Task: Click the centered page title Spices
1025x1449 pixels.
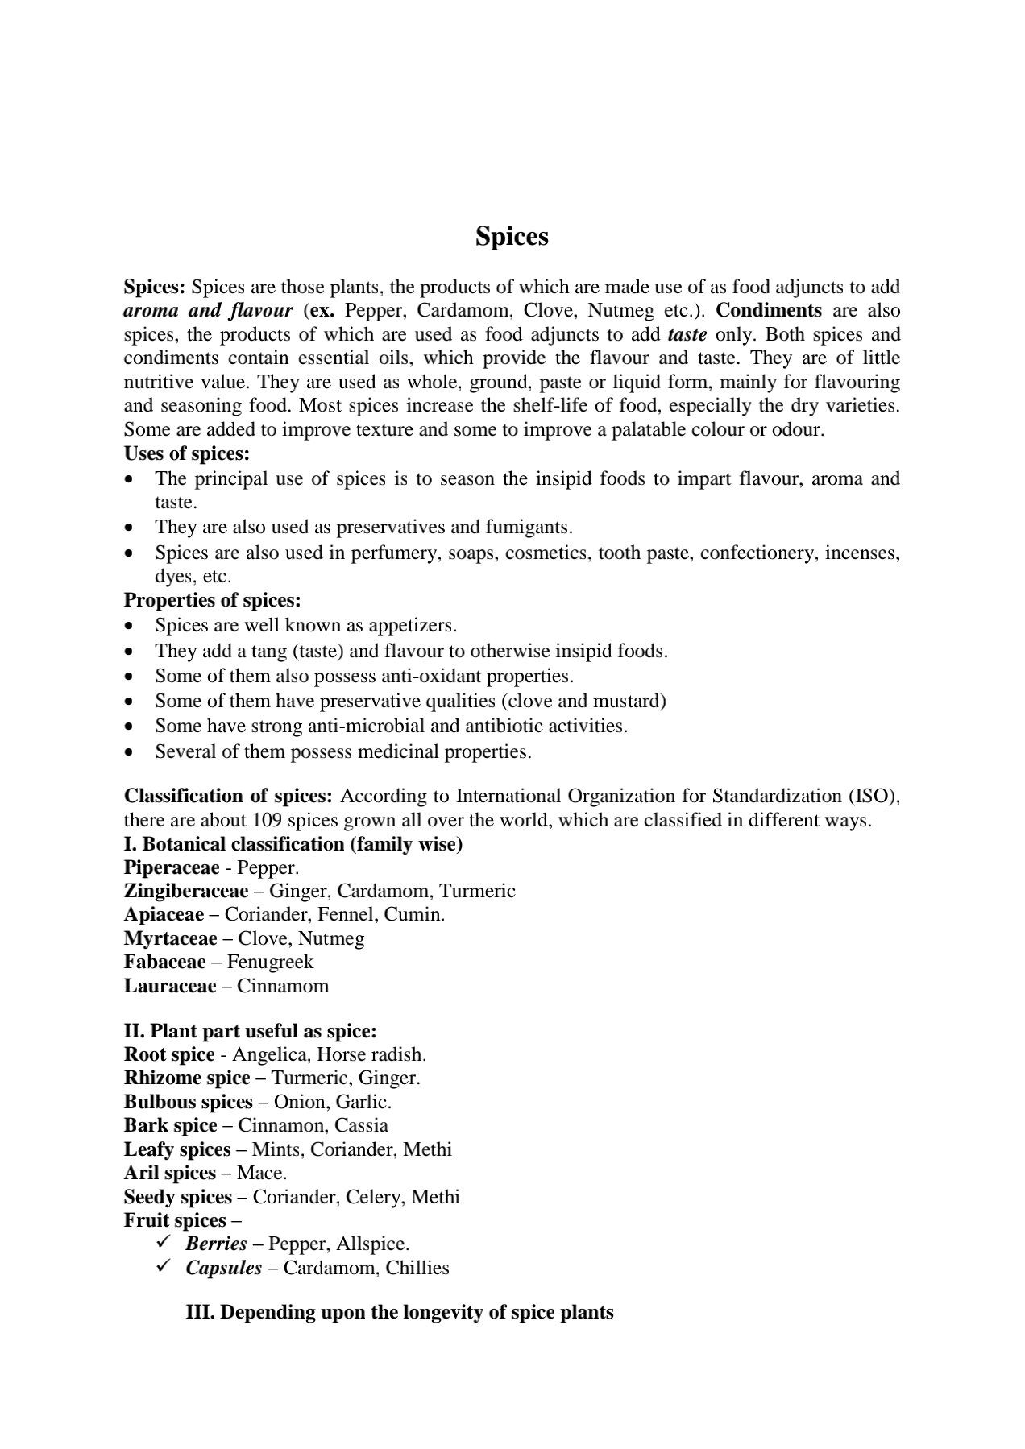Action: [x=512, y=237]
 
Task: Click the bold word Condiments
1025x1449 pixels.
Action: [x=769, y=311]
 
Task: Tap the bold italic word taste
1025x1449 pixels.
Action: [x=687, y=335]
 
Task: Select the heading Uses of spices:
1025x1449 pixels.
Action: [x=187, y=453]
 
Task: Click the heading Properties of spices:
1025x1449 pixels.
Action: [x=213, y=600]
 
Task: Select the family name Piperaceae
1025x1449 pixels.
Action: [x=172, y=867]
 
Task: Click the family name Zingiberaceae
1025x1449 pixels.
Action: [x=186, y=891]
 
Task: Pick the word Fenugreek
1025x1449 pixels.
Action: [x=270, y=962]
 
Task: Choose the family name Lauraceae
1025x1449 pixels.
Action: [x=170, y=986]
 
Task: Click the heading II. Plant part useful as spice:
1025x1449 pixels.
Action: [x=251, y=1031]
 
